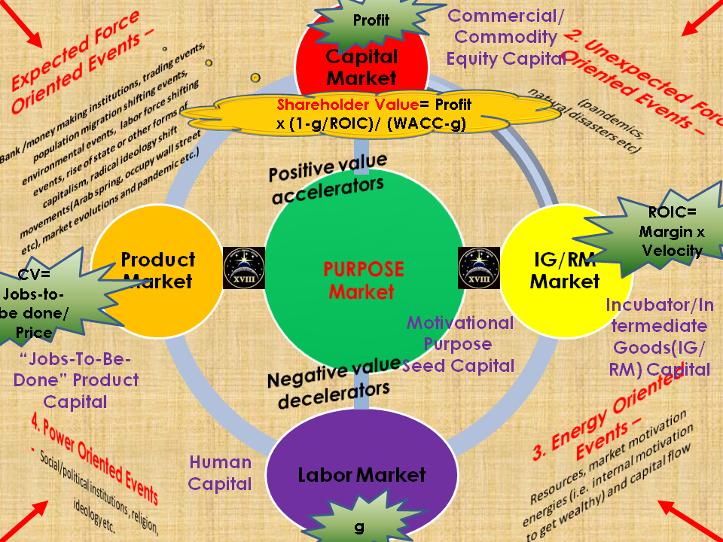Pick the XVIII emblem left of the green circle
(x=244, y=267)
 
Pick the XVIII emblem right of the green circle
(x=479, y=267)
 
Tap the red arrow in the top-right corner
(x=699, y=22)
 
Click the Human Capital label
(x=220, y=473)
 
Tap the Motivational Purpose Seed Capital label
(x=459, y=344)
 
